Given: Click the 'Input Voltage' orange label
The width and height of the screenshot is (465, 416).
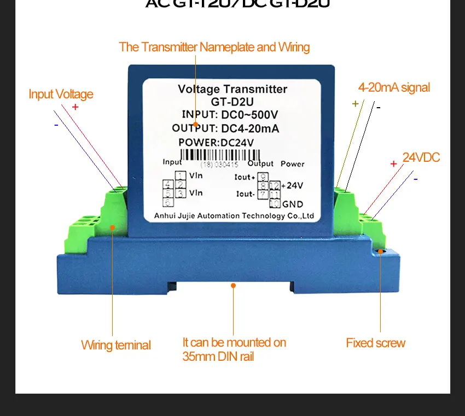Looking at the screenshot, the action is (61, 94).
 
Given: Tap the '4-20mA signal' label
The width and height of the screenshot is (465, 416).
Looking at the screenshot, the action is (394, 87).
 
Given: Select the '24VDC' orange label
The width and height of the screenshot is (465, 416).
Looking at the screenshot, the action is (421, 157).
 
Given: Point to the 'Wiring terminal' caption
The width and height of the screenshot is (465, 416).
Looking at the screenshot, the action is (115, 345).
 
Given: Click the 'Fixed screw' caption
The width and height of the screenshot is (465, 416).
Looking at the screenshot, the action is (375, 343).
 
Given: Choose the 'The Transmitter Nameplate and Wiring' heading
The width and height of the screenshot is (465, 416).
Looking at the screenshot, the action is (214, 47).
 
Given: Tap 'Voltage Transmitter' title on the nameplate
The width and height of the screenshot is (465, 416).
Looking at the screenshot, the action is (232, 89).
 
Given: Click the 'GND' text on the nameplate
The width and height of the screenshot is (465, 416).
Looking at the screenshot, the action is (293, 204).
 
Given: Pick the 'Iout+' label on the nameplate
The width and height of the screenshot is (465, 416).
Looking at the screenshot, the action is (245, 177).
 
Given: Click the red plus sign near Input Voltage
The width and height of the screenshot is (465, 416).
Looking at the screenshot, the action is (75, 107).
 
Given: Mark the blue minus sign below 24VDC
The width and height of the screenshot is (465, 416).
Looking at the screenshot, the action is (415, 179).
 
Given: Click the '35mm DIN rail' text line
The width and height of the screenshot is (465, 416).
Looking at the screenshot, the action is (218, 357).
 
